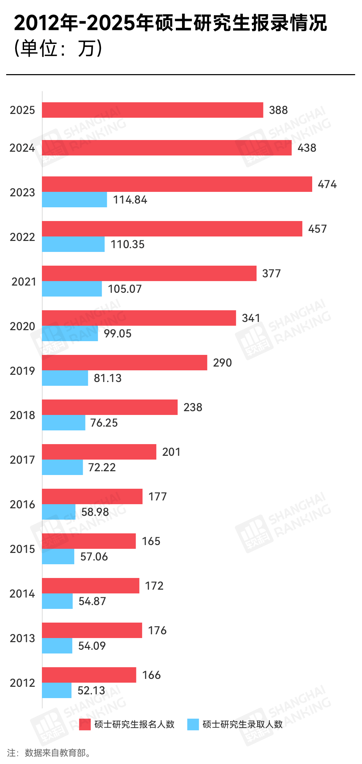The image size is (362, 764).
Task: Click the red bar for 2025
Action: coord(152,110)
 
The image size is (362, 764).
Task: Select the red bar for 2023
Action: coord(177,184)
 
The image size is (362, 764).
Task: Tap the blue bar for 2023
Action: coord(75,199)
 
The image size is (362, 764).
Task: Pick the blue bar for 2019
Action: coord(65,378)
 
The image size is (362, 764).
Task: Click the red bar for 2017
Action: coord(99,452)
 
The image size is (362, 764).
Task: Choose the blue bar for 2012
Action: coord(57,690)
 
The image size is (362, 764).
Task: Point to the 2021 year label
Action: coord(24,282)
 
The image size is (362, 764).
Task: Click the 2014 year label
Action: coord(22,594)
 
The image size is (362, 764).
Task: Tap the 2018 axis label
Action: coord(22,415)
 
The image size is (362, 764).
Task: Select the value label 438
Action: coord(307,148)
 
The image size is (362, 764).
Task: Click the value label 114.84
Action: coord(130,200)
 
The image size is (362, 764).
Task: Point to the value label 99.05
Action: coord(118,334)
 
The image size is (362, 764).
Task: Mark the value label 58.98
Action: coord(95,512)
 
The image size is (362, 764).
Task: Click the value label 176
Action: coord(157,630)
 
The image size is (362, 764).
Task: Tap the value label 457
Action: coord(317,229)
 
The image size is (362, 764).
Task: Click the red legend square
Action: coord(85,724)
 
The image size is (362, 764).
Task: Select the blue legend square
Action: coord(193,724)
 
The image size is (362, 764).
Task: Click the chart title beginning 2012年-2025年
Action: coord(170,23)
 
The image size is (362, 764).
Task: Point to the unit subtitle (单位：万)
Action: coord(58,48)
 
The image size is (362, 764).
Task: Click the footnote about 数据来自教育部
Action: coord(49,753)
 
